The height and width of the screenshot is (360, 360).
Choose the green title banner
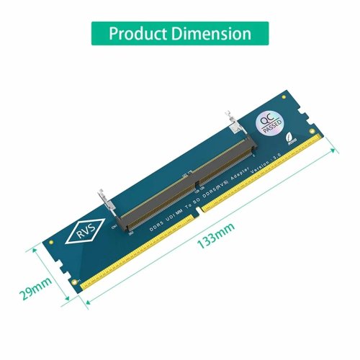pos(179,34)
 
